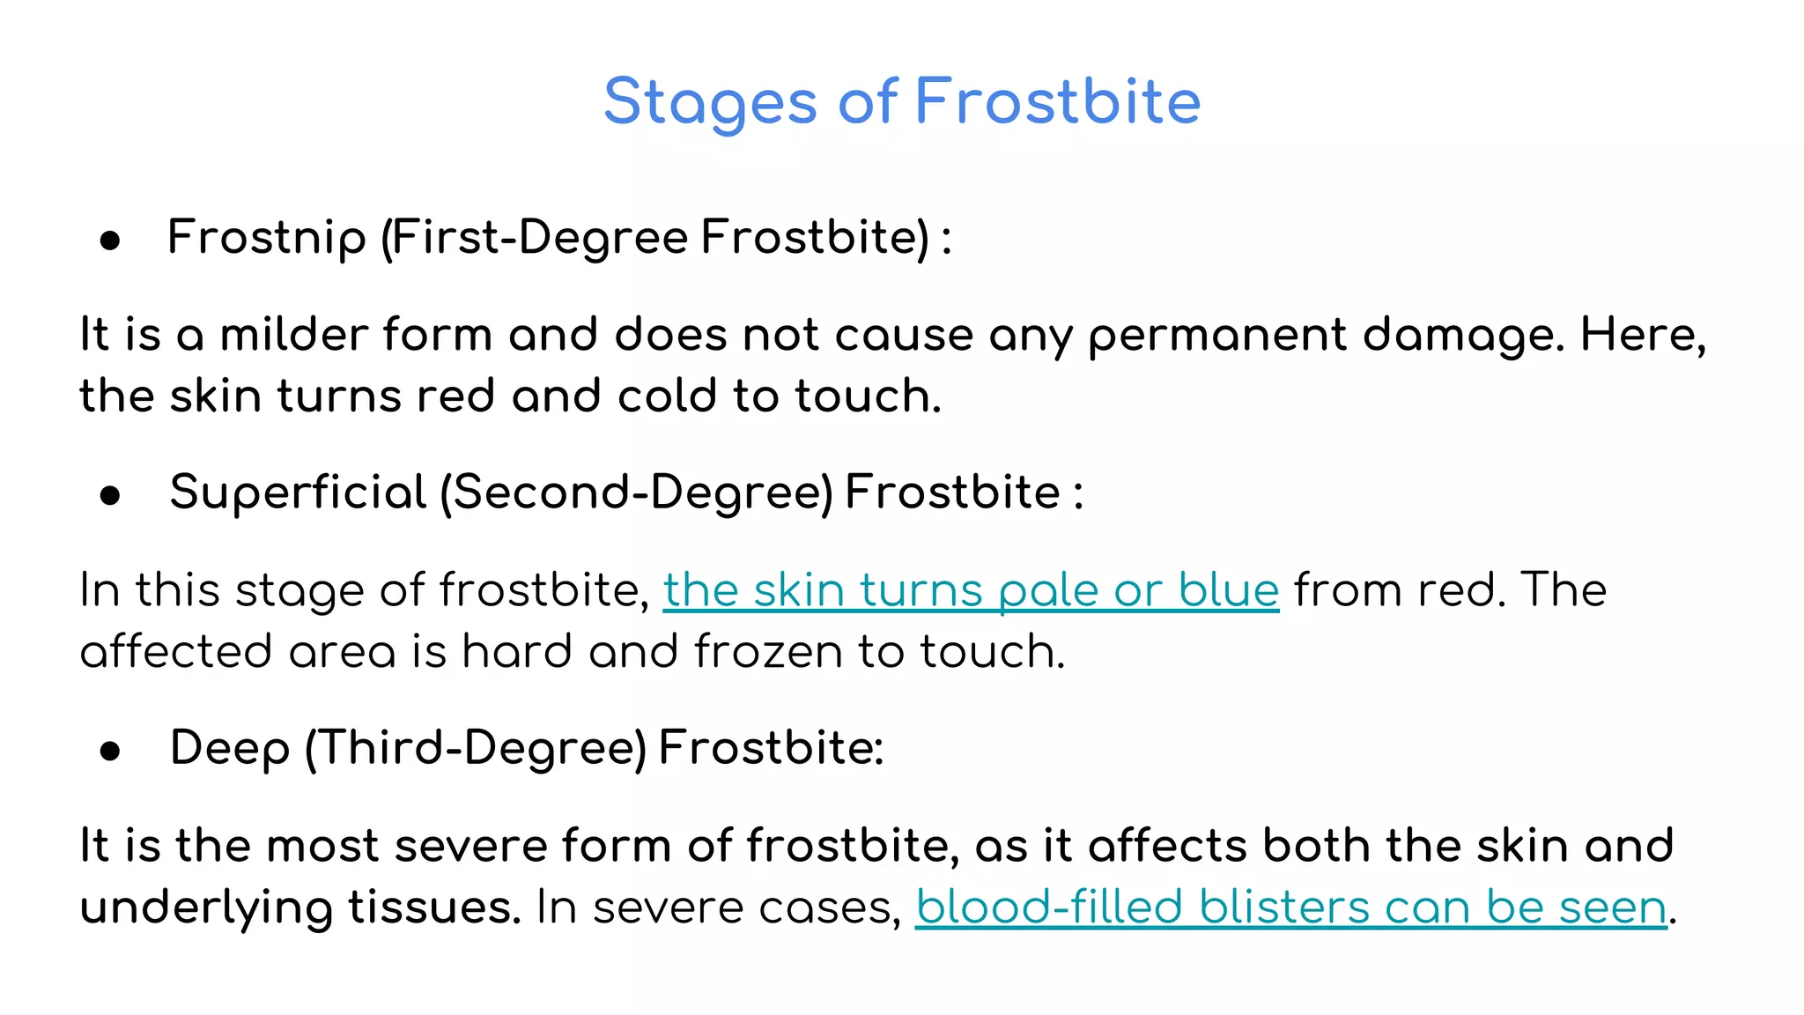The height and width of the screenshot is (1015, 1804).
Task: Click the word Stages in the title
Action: (710, 102)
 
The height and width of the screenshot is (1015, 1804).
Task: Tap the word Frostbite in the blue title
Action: (1058, 102)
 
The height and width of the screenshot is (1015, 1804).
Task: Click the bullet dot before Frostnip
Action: (110, 241)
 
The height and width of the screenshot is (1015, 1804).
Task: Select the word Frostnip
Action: (266, 238)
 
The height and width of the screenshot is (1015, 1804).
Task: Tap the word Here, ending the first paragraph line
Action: (1643, 335)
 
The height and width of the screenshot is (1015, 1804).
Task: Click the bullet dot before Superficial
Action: (110, 496)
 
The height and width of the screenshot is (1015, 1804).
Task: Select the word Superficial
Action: (298, 493)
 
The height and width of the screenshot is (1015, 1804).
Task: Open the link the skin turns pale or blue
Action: (971, 590)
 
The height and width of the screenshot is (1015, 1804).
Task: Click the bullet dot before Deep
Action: (110, 752)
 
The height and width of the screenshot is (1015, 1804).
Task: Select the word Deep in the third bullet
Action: (229, 749)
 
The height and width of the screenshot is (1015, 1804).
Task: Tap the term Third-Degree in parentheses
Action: (476, 749)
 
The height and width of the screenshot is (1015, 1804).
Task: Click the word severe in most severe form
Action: (470, 846)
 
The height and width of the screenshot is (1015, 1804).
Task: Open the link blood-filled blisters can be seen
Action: (1290, 908)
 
